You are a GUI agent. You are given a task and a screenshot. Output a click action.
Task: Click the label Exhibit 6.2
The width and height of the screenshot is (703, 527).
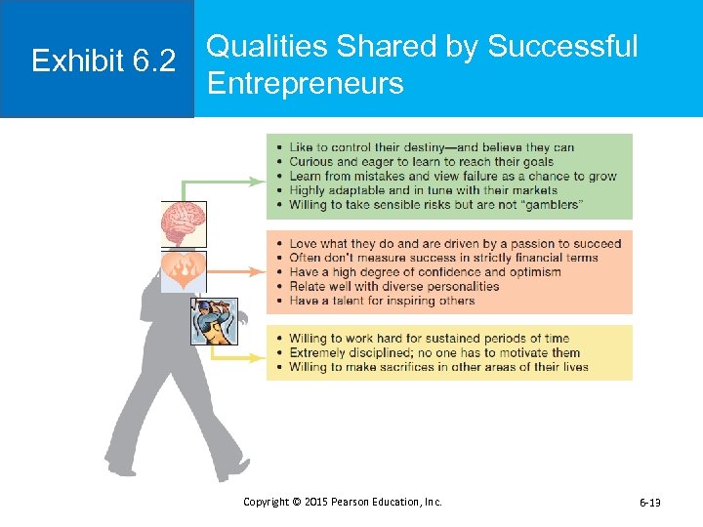103,61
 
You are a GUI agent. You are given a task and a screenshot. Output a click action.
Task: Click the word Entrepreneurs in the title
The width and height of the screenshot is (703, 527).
305,83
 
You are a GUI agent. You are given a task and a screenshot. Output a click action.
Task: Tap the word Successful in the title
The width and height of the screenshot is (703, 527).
561,46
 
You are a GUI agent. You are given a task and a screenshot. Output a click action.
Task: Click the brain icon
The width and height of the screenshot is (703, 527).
184,223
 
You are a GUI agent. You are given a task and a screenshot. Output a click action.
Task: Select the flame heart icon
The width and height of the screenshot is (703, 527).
184,270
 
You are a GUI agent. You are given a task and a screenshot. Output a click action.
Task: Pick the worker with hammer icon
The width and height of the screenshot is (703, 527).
214,321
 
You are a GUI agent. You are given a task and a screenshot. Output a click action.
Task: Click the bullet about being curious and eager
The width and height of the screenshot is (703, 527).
421,162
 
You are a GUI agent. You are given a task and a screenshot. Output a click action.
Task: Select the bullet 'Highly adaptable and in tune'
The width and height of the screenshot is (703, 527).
423,190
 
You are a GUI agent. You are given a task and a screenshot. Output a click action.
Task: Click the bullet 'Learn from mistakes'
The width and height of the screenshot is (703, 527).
452,177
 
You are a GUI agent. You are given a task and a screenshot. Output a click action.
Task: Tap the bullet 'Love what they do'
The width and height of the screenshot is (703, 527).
454,244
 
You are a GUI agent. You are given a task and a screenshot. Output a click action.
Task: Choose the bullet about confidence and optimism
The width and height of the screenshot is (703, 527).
425,272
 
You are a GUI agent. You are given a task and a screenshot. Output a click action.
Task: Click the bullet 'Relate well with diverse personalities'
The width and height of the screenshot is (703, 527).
393,286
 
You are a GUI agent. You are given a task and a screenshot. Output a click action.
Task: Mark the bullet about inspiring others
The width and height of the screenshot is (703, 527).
382,301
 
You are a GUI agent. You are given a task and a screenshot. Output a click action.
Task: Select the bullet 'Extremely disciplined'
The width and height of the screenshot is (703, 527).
434,353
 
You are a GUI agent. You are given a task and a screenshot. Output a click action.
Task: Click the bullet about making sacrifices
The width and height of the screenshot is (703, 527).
438,367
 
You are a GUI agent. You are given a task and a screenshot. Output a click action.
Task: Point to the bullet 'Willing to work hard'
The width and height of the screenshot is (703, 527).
429,339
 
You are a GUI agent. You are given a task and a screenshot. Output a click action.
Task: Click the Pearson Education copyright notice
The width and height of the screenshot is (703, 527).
342,502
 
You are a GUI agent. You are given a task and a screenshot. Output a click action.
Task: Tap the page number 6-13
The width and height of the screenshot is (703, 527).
649,503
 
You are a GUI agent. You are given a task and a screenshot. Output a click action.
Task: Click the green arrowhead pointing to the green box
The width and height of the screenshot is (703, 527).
261,181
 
